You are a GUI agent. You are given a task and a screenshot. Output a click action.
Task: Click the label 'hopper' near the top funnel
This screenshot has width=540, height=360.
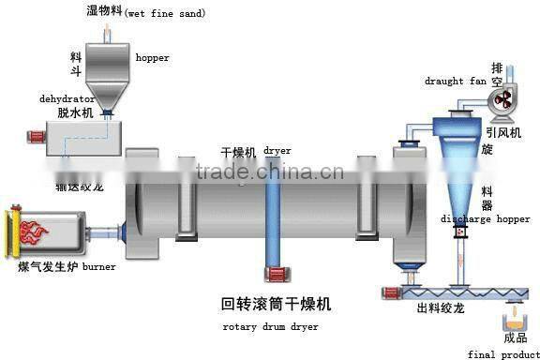(153, 58)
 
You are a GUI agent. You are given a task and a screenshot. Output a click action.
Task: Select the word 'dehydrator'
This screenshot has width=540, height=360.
(67, 97)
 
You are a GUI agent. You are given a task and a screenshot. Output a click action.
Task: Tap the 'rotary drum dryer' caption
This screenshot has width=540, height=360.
(271, 327)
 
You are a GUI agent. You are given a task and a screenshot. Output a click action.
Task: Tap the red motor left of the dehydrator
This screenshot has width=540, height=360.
(37, 138)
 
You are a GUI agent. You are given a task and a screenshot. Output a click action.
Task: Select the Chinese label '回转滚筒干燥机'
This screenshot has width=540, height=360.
(276, 306)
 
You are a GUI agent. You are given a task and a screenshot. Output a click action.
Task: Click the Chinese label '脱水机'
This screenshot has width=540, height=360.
(75, 112)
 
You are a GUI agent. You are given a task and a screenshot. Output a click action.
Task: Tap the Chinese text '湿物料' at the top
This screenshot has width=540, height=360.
(105, 11)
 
